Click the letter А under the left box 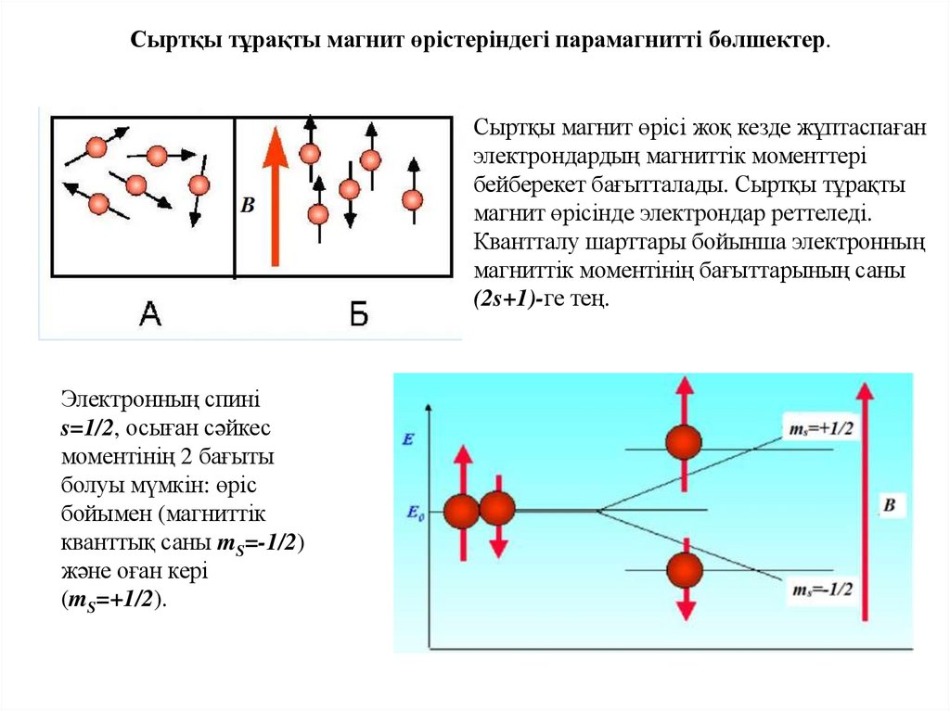[149, 315]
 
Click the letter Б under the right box [359, 315]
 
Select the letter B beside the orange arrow [247, 205]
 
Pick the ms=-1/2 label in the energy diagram [821, 589]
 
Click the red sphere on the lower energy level [685, 569]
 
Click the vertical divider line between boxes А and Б [234, 197]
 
